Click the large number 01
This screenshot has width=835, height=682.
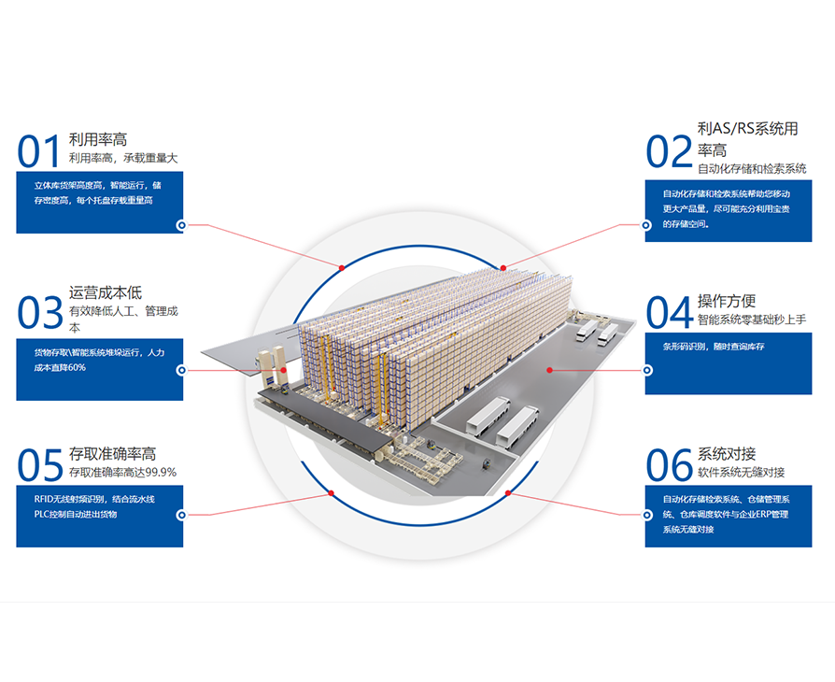point(38,150)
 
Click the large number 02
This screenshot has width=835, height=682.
point(669,150)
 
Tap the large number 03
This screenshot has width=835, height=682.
point(39,313)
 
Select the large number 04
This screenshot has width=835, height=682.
point(670,312)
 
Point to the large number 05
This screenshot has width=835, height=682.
point(39,464)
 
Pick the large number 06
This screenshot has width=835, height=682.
point(670,464)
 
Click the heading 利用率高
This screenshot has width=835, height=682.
point(98,140)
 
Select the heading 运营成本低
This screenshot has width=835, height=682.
point(106,293)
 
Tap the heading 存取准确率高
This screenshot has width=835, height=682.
point(112,454)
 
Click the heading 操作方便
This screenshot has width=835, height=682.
point(727,301)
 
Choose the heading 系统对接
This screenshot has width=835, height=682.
point(727,454)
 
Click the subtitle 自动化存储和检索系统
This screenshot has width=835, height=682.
point(751,169)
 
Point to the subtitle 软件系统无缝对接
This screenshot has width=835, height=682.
point(741,472)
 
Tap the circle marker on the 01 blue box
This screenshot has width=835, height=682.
point(180,224)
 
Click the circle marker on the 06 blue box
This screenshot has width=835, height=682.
point(645,514)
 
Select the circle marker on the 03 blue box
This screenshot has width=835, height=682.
point(180,370)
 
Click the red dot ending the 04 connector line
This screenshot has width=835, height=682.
point(550,370)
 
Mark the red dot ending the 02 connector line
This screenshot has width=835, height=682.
point(502,267)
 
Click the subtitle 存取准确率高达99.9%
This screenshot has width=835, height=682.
point(122,472)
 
